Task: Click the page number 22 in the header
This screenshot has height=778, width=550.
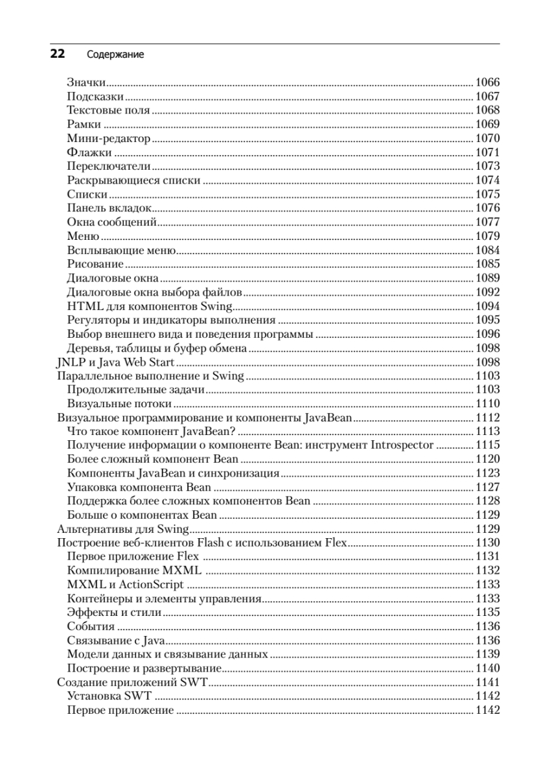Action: [x=57, y=54]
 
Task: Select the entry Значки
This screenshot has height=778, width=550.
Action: [x=86, y=82]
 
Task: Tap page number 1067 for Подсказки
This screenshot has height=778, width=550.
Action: [x=487, y=97]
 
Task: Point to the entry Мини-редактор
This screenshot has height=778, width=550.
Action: [x=108, y=139]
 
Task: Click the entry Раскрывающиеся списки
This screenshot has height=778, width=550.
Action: [x=133, y=181]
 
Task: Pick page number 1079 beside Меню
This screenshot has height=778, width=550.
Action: [x=487, y=236]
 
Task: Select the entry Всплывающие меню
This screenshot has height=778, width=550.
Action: [x=122, y=250]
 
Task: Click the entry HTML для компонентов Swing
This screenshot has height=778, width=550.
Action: [x=150, y=306]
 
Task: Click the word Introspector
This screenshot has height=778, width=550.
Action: [x=402, y=445]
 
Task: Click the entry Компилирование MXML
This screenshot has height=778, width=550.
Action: [x=134, y=571]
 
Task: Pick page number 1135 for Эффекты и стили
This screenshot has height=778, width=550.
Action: [x=487, y=613]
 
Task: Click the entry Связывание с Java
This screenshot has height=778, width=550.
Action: [x=115, y=641]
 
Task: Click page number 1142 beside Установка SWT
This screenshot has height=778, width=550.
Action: [x=487, y=696]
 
